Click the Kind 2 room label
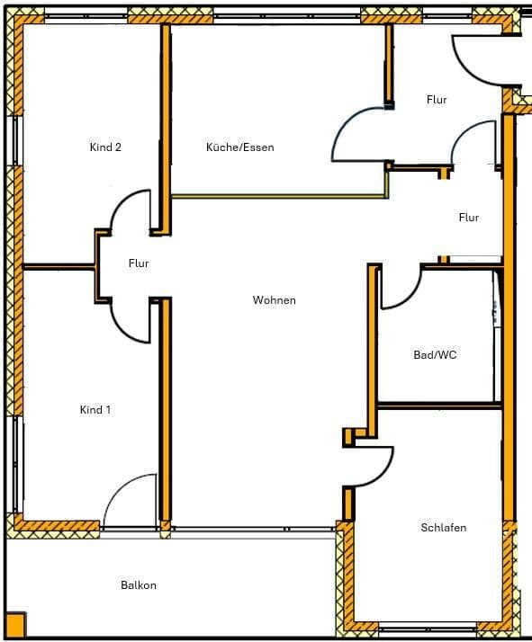(x=105, y=147)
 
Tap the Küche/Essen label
(x=239, y=147)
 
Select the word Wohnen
(x=274, y=300)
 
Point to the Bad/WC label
(x=435, y=355)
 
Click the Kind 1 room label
(x=95, y=410)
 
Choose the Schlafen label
(x=444, y=528)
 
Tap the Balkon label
(x=139, y=585)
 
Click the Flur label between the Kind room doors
(x=138, y=263)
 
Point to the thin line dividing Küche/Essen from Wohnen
(x=279, y=195)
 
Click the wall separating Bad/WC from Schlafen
(x=438, y=405)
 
